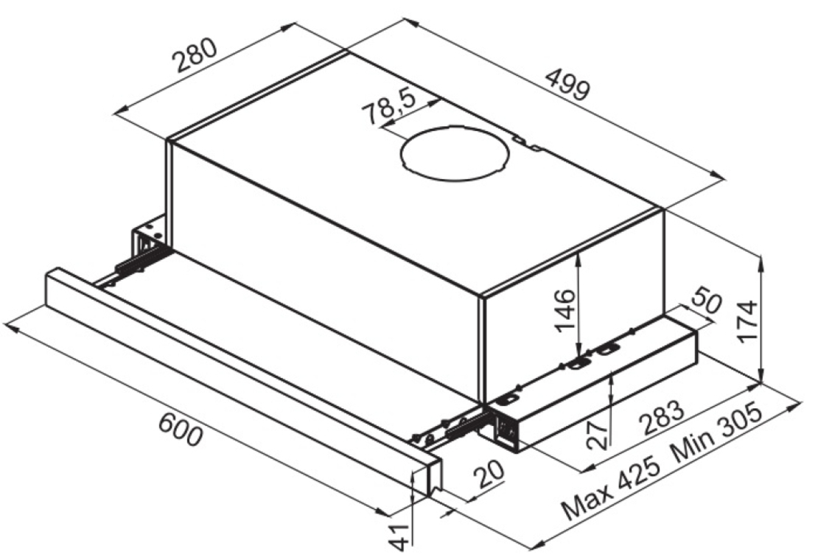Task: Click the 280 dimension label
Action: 195,55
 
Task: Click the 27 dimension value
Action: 598,435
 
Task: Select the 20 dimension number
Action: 489,473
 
